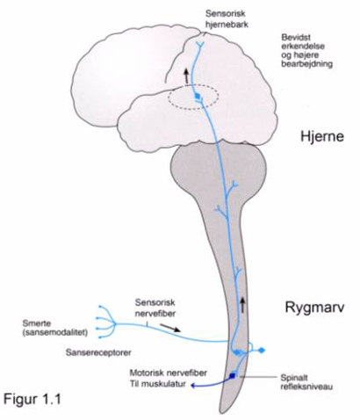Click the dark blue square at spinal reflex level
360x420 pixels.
(x=233, y=376)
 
